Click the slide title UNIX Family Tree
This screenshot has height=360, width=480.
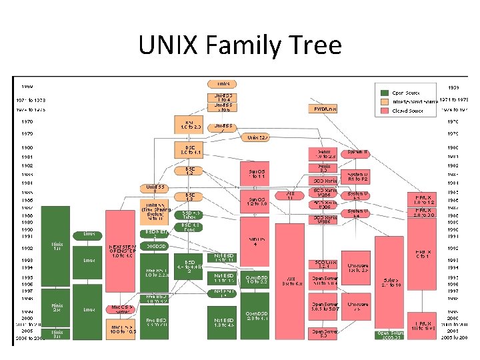pyautogui.click(x=240, y=45)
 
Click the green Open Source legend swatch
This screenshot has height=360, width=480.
pyautogui.click(x=385, y=93)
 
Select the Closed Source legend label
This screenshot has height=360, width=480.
pyautogui.click(x=407, y=111)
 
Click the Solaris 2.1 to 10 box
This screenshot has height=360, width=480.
pyautogui.click(x=391, y=283)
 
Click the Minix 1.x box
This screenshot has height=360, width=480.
pyautogui.click(x=57, y=247)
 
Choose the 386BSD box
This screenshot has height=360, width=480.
pyautogui.click(x=154, y=246)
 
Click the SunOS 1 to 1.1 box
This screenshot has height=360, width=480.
pyautogui.click(x=257, y=173)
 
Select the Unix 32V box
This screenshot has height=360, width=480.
pyautogui.click(x=258, y=137)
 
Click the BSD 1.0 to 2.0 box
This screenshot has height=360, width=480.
pyautogui.click(x=190, y=125)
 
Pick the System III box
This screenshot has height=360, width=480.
pyautogui.click(x=357, y=153)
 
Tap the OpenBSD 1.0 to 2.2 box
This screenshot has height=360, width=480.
pyautogui.click(x=257, y=279)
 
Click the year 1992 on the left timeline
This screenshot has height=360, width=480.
pyautogui.click(x=27, y=247)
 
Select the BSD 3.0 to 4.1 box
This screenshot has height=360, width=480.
pyautogui.click(x=190, y=150)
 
